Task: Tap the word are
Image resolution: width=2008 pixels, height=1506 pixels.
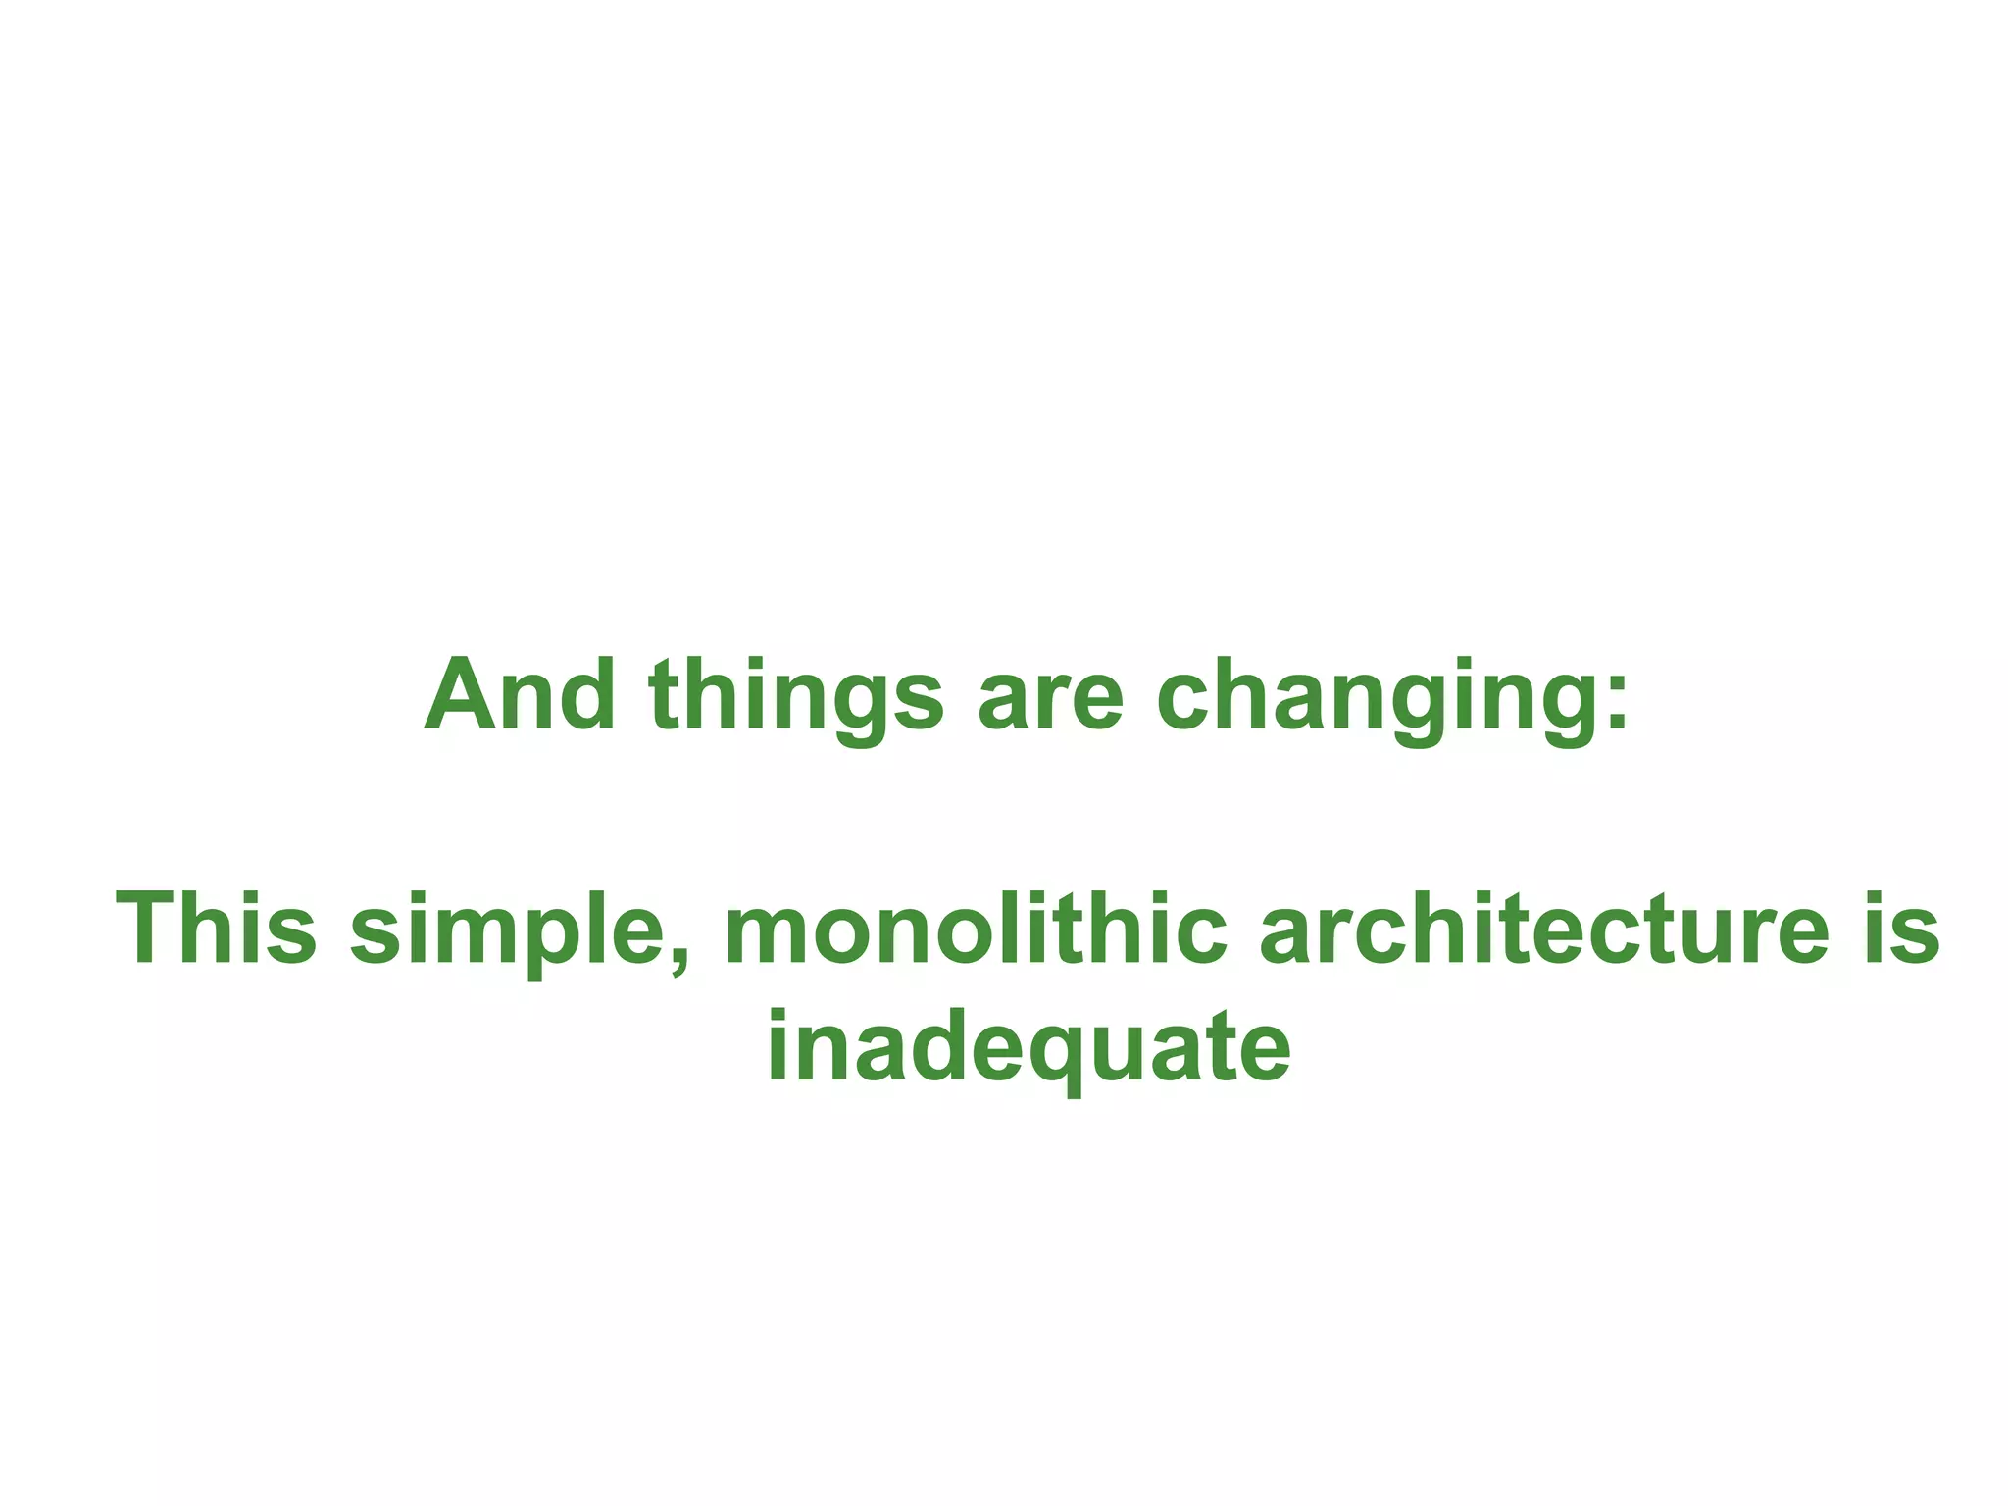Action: tap(1049, 698)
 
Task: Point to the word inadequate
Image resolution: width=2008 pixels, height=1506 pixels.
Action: tap(1029, 1047)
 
